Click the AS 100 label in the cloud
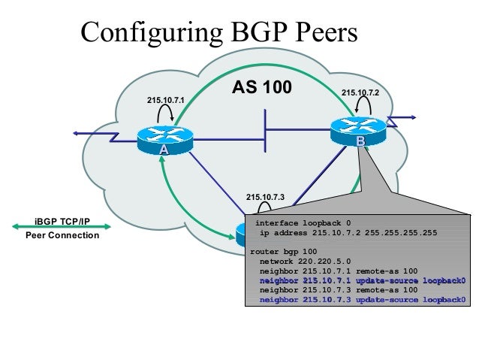point(261,87)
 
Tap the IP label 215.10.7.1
point(166,100)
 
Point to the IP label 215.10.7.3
point(265,197)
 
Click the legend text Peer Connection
point(62,236)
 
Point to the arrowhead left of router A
point(77,133)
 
